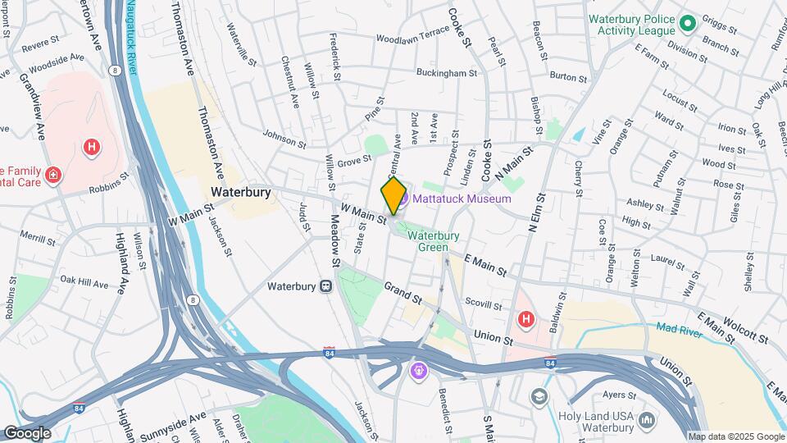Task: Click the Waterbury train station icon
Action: pos(325,286)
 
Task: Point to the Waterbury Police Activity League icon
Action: pos(687,22)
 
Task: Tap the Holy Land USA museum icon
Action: pos(647,421)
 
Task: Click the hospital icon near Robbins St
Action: pos(93,147)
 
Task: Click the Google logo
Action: pos(26,432)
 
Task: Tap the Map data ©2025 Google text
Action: pos(735,436)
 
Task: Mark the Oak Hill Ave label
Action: pos(83,285)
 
